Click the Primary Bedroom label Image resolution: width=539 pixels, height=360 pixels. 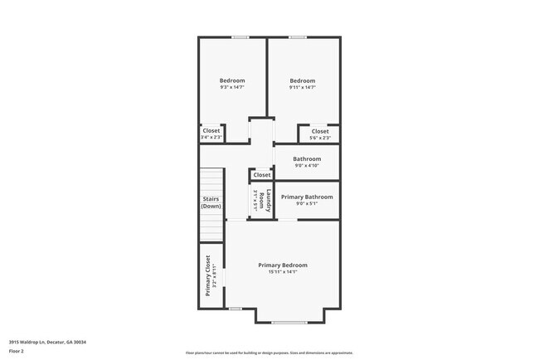[x=283, y=265]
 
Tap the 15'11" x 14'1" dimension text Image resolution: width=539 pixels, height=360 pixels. [x=283, y=272]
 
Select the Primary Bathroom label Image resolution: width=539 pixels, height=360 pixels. [x=307, y=197]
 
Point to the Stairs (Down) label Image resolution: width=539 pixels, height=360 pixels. [x=211, y=202]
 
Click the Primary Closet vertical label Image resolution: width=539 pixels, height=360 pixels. [x=207, y=276]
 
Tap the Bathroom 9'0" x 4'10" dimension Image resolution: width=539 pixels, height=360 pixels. [x=306, y=165]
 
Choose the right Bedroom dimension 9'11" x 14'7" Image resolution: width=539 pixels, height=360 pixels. [x=302, y=87]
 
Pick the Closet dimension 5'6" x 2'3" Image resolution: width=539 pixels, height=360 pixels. [x=320, y=138]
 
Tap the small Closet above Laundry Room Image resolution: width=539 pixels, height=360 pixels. [x=262, y=175]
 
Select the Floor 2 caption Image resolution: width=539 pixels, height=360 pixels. [x=17, y=351]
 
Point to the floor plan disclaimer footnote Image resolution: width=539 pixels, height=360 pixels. [x=269, y=353]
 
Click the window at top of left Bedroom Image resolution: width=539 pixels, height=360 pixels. [x=240, y=36]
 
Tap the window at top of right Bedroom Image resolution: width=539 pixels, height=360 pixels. [x=297, y=36]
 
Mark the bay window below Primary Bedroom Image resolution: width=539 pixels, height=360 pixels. [x=289, y=322]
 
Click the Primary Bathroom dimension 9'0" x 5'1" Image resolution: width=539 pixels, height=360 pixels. [x=307, y=204]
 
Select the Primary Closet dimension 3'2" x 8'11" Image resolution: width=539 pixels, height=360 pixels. [x=215, y=276]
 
